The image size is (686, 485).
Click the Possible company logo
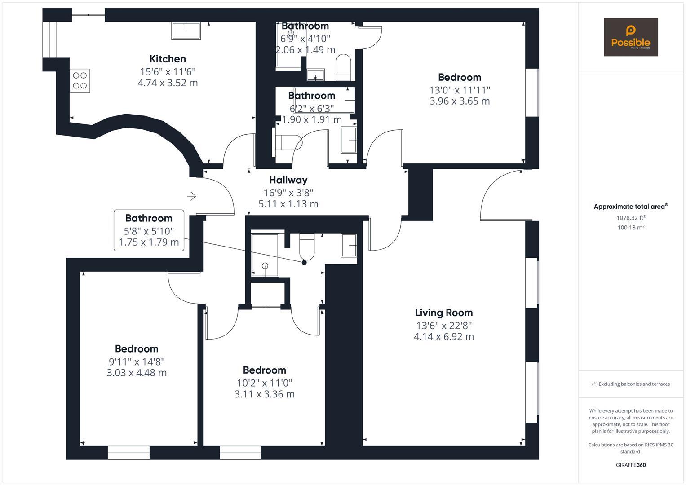point(630,37)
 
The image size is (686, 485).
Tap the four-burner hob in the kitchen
point(80,80)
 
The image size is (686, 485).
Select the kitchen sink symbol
point(186,31)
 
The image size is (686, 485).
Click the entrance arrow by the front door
point(191,196)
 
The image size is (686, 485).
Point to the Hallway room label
point(288,180)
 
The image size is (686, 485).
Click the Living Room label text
point(443,313)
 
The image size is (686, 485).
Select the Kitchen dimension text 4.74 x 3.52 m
point(168,83)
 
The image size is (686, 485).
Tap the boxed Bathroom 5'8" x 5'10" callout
point(149,230)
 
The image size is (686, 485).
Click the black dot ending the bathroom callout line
point(304,263)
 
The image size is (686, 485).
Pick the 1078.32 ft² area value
point(631,218)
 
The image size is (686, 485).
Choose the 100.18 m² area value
point(631,228)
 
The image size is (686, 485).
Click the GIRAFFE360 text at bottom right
point(630,465)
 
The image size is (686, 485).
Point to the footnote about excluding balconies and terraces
point(630,384)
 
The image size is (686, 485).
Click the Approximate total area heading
point(630,207)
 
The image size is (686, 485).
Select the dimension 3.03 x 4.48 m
point(137,373)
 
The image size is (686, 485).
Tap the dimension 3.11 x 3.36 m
point(264,394)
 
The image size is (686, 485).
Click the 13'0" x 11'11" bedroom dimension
point(459,90)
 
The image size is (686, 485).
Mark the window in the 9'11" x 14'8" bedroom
point(128,453)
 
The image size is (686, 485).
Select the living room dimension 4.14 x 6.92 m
point(443,337)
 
